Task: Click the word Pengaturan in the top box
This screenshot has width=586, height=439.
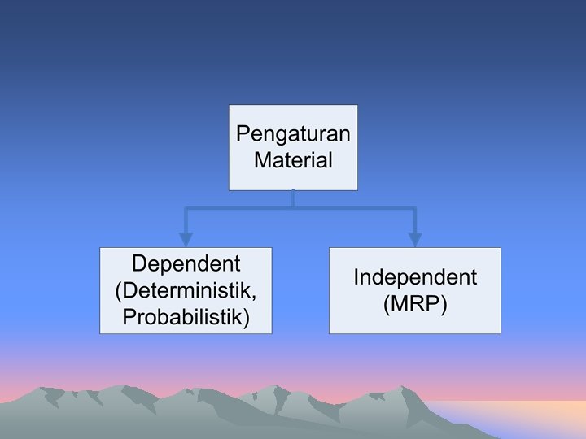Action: [293, 133]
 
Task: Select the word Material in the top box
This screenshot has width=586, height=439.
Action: [293, 159]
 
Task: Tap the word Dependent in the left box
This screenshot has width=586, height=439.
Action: [186, 264]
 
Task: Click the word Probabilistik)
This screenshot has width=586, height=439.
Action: [186, 316]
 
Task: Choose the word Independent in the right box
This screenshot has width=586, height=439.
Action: [415, 277]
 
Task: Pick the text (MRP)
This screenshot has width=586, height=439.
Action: [415, 305]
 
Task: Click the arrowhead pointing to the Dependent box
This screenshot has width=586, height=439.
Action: [186, 239]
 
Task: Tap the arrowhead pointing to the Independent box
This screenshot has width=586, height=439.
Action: [415, 239]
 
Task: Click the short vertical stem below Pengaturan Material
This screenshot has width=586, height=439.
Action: [293, 200]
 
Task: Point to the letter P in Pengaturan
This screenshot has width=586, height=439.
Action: [242, 133]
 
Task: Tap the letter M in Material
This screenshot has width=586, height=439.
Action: [262, 159]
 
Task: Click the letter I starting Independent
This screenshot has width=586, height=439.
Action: [356, 277]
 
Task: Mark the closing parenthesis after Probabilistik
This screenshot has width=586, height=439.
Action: [246, 317]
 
